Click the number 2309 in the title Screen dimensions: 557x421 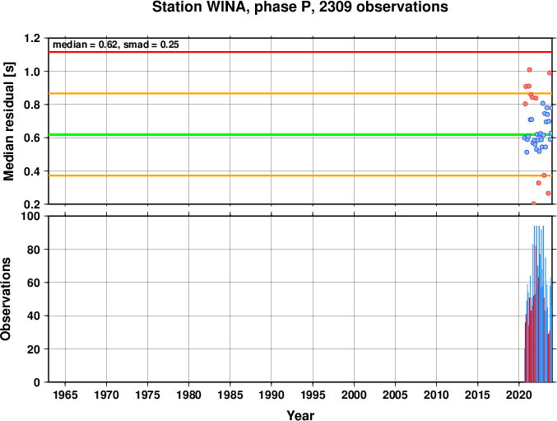[x=336, y=7]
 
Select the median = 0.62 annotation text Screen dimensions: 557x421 [x=85, y=44]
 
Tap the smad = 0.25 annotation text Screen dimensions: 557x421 [x=151, y=44]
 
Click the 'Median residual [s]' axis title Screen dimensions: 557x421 [x=8, y=121]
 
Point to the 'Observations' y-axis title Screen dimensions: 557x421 [x=6, y=299]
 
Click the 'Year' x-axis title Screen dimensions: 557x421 [x=300, y=415]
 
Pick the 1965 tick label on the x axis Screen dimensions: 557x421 [x=65, y=395]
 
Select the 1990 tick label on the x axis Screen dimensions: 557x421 [x=272, y=395]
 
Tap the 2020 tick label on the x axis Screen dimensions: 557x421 [x=519, y=395]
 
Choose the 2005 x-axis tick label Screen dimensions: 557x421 [x=395, y=395]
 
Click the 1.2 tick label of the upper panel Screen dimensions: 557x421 [x=32, y=38]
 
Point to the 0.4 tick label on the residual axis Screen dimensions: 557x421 [x=32, y=171]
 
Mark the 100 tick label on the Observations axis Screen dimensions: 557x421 [x=31, y=216]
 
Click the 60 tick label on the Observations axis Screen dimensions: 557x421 [x=34, y=283]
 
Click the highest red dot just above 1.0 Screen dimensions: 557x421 [x=529, y=70]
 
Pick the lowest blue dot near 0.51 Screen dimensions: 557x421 [x=527, y=152]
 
